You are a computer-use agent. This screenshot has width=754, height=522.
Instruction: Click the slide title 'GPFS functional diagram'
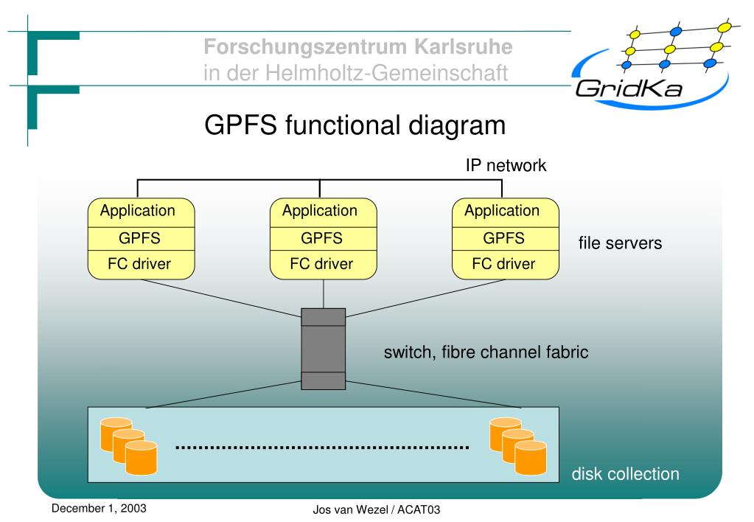(355, 125)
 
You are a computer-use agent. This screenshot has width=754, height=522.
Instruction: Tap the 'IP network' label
(506, 165)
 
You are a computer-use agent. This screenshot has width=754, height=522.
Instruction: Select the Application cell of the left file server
(141, 212)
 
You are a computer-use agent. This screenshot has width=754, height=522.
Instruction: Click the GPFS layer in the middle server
(323, 239)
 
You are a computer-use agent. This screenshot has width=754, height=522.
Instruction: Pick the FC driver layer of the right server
(506, 265)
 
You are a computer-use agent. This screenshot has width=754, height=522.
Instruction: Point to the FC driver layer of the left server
(141, 265)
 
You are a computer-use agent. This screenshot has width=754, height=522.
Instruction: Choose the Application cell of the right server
(506, 212)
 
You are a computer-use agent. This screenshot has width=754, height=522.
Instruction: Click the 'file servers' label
(620, 243)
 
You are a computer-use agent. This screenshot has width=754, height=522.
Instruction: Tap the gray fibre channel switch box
(323, 349)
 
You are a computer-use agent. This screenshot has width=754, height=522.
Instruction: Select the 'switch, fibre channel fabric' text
(486, 352)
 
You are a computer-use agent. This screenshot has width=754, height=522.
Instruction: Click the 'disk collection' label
(625, 474)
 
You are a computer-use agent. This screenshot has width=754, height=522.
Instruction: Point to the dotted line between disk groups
(322, 448)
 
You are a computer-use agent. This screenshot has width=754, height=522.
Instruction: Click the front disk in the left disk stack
(142, 458)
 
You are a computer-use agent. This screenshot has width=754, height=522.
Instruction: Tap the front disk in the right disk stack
(531, 458)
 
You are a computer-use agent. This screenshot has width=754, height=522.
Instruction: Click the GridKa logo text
(629, 88)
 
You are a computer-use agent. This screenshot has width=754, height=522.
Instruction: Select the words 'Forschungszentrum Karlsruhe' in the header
(357, 46)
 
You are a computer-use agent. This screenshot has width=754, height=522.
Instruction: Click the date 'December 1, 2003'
(99, 508)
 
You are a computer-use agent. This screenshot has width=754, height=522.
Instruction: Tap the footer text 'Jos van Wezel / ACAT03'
(377, 509)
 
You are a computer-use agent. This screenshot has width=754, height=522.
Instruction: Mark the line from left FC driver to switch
(222, 299)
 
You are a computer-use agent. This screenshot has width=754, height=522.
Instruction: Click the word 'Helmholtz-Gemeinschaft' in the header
(387, 73)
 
